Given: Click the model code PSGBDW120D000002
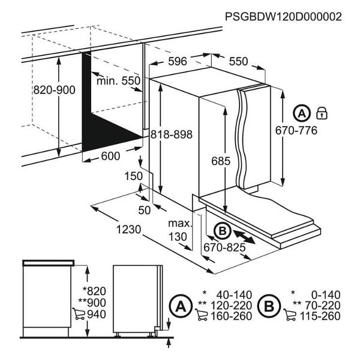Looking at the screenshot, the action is coord(283,17).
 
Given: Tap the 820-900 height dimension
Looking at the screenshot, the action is coord(55,90).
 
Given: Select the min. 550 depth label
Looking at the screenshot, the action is coord(118,81).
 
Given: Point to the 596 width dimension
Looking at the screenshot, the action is coord(178,61).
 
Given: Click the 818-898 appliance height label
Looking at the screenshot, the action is coord(171,134).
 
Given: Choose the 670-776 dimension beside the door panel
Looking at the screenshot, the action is coord(296,130).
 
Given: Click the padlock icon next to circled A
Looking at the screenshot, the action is coord(322,113).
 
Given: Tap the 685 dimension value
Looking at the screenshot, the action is coord(221,161).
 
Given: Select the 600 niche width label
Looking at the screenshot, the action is coord(110,156).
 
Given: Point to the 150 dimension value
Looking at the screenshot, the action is coord(134,176).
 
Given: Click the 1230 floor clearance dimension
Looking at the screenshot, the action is coord(128,229).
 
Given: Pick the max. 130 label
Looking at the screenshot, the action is coord(180,230).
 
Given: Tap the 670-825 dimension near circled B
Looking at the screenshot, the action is coord(224,247).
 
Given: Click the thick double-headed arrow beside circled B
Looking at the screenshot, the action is coord(244,237).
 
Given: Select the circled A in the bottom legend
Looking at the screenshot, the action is coord(181,306).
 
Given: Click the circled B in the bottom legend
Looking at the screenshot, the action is coord(269,306).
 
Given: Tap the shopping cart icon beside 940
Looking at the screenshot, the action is coord(79,314).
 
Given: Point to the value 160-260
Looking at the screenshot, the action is coord(231,316).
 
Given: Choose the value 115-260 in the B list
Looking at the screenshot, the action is coord(320,316).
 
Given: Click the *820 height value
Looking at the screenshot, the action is coord(94,291).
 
